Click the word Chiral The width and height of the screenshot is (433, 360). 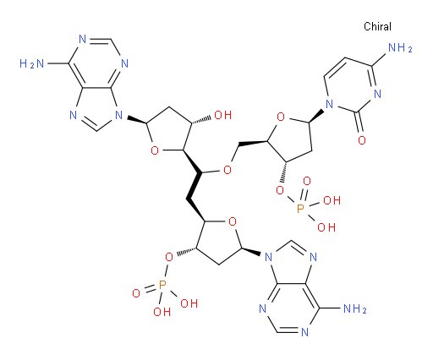(x=377, y=26)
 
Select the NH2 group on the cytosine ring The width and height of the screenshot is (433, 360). (x=400, y=48)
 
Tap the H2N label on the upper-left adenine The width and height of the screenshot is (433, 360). (x=31, y=64)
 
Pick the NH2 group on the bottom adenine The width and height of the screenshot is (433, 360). (x=355, y=309)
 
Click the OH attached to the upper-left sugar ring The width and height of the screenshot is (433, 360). (x=223, y=115)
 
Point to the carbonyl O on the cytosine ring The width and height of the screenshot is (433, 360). (x=362, y=140)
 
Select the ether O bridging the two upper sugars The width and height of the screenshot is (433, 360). (x=227, y=170)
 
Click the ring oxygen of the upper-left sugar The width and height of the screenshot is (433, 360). (x=155, y=150)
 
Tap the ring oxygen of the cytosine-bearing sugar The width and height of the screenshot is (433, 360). (x=281, y=117)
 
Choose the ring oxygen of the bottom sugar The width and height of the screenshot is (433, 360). (x=233, y=221)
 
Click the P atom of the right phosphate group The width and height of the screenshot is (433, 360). (x=300, y=209)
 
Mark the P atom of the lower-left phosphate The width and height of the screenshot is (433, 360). (x=162, y=285)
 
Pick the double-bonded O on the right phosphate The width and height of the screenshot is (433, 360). (x=307, y=181)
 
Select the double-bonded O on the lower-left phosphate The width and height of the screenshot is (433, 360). (x=136, y=293)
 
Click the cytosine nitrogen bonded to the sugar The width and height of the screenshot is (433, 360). (x=329, y=105)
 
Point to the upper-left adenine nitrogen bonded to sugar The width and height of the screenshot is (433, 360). (x=119, y=115)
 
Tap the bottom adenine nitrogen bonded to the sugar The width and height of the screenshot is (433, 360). (x=268, y=257)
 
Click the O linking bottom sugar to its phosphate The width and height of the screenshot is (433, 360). (x=169, y=257)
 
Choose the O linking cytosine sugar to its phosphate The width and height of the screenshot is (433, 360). (x=280, y=191)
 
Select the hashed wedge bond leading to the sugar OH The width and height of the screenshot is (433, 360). (x=201, y=119)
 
